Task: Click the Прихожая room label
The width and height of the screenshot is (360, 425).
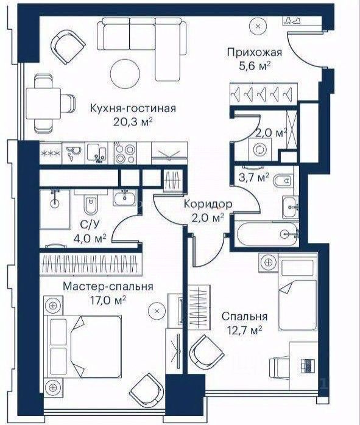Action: click(249, 52)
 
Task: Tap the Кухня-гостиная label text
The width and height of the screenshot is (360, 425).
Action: click(132, 108)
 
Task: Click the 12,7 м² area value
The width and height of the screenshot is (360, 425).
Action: click(250, 330)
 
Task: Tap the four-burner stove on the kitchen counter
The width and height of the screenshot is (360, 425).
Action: click(125, 153)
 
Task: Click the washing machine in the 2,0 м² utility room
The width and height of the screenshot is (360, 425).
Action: click(260, 148)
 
